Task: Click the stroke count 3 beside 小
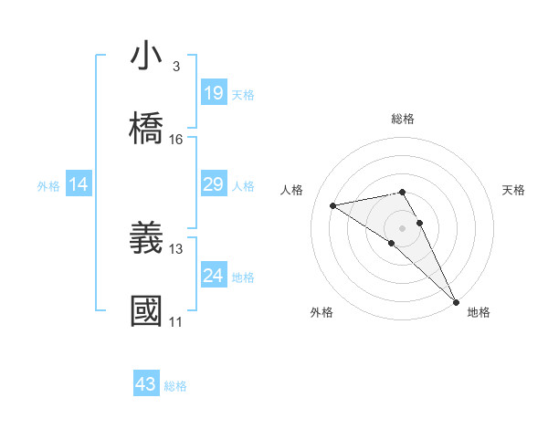click(176, 67)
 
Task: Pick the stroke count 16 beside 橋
click(176, 140)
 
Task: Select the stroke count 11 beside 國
click(176, 321)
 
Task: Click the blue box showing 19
click(214, 93)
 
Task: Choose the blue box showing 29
click(214, 185)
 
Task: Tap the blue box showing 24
click(214, 276)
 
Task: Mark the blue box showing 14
click(79, 185)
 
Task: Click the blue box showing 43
click(146, 385)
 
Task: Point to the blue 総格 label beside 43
click(176, 386)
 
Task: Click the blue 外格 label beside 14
click(48, 186)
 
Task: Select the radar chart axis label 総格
click(403, 119)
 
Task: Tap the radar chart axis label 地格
click(479, 312)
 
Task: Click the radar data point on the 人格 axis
click(333, 205)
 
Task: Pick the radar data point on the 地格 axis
click(456, 301)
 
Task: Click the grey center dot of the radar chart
click(403, 227)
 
